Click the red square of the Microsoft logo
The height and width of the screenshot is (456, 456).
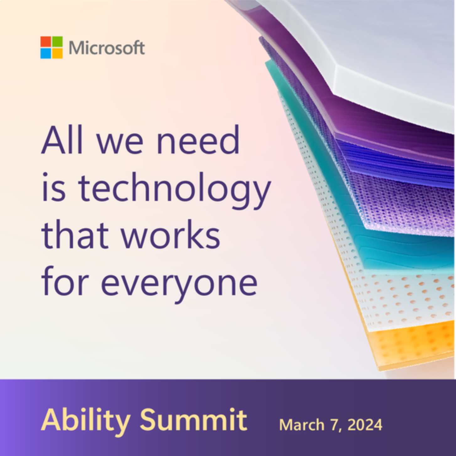pyautogui.click(x=46, y=42)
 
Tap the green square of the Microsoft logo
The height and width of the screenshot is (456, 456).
pyautogui.click(x=57, y=42)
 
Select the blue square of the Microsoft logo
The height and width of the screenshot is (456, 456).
pyautogui.click(x=46, y=53)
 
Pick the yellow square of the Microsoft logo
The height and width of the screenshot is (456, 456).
pyautogui.click(x=57, y=53)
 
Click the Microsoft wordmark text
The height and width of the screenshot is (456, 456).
pyautogui.click(x=107, y=48)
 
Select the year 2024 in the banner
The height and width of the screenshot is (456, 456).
pyautogui.click(x=365, y=425)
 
